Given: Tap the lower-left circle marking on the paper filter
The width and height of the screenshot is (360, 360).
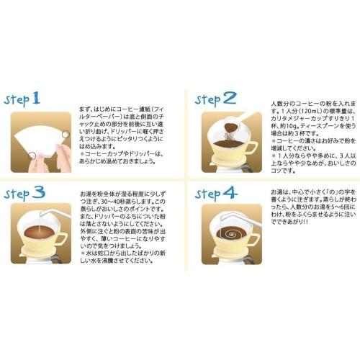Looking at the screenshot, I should (30, 150).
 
